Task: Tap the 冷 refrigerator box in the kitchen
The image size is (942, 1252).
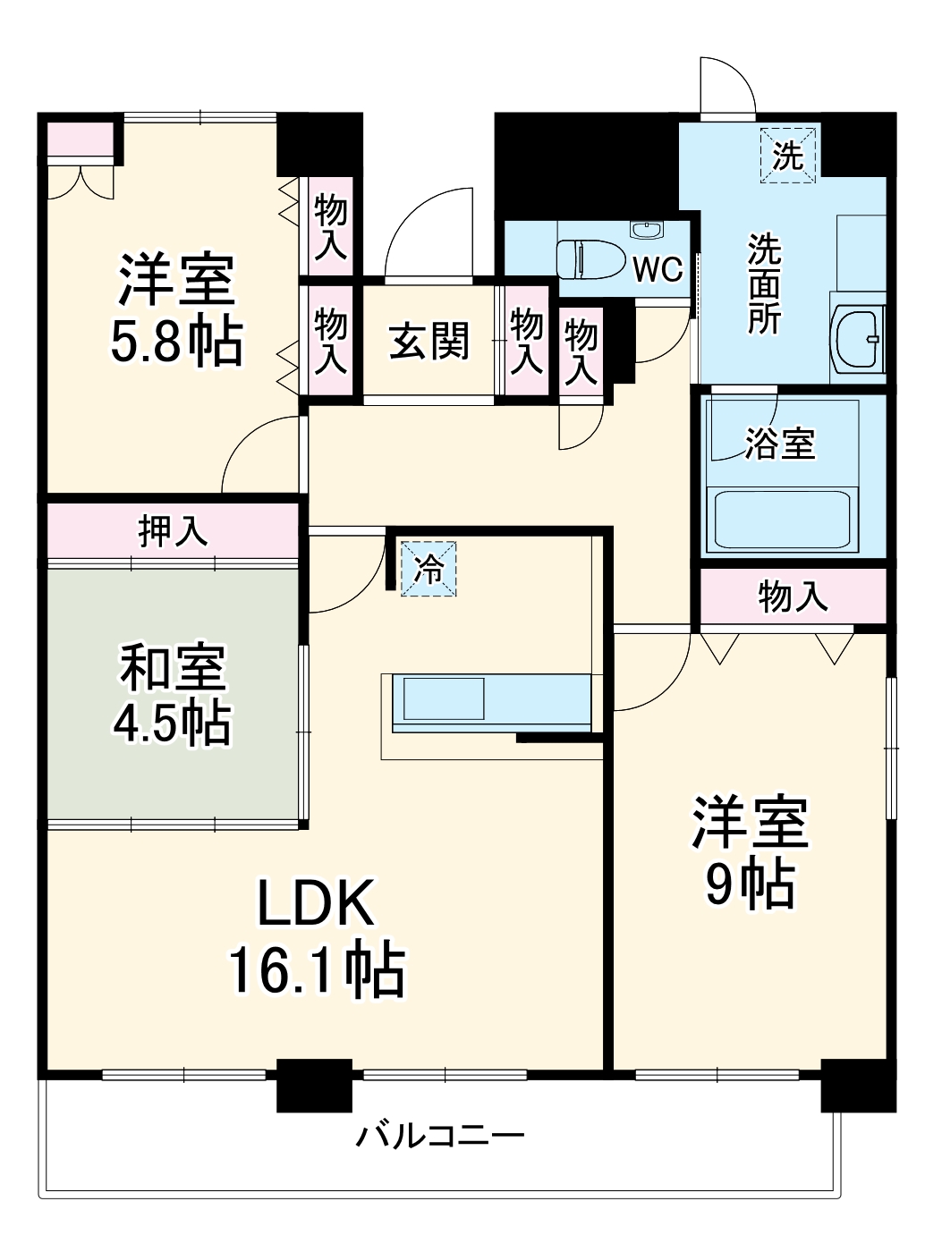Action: click(x=429, y=568)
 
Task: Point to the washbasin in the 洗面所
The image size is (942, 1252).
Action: click(x=858, y=338)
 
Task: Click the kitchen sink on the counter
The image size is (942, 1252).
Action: click(x=444, y=698)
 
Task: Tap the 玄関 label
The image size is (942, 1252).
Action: click(x=429, y=341)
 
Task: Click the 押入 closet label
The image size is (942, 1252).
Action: click(x=173, y=531)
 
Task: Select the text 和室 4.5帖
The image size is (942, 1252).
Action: click(x=173, y=694)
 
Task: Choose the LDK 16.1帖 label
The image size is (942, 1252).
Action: click(x=316, y=935)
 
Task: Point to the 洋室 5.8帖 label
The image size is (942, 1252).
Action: click(x=176, y=309)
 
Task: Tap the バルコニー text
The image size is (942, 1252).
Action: click(x=440, y=1136)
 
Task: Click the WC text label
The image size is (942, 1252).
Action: click(x=658, y=269)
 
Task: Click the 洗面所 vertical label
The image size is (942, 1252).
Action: click(x=765, y=283)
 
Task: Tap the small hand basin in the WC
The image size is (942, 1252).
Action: click(x=646, y=231)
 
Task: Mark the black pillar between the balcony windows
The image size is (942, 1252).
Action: click(x=314, y=1084)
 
